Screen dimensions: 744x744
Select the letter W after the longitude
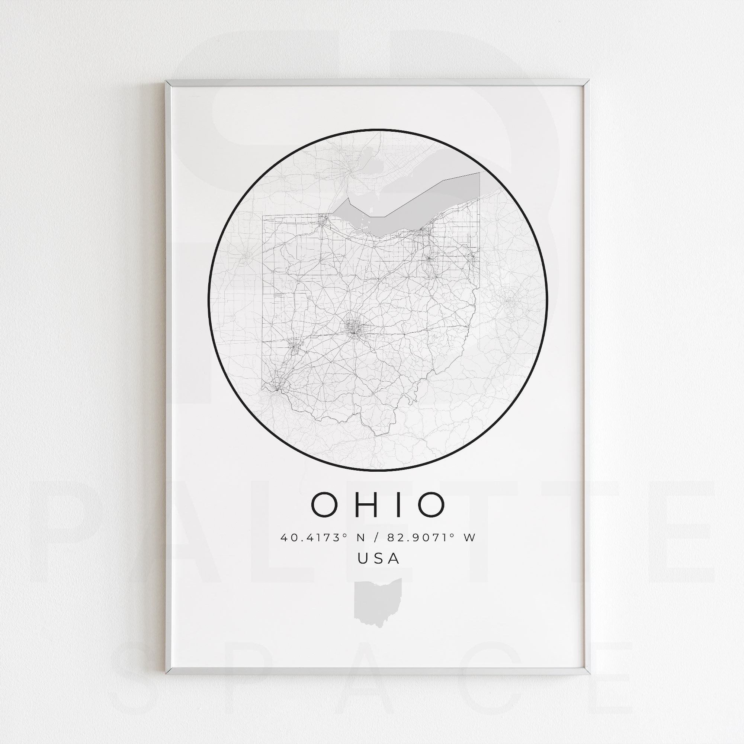(x=470, y=538)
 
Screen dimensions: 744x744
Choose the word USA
(x=379, y=558)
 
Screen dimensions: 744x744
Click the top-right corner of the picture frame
(x=587, y=81)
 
